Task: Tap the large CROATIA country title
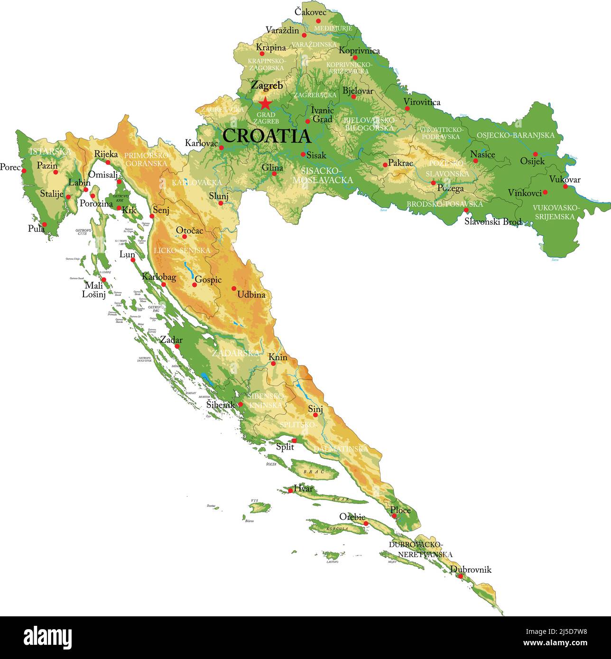click(x=266, y=136)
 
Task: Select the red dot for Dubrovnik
click(x=460, y=576)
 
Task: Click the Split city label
click(x=285, y=447)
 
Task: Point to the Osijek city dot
click(x=535, y=154)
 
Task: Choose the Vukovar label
click(x=565, y=180)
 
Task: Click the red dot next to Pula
click(x=45, y=224)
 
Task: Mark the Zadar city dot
click(x=177, y=346)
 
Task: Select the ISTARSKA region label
click(x=50, y=152)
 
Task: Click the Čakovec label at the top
click(x=311, y=11)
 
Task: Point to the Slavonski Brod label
click(x=493, y=221)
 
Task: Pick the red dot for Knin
click(x=273, y=364)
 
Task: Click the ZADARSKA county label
click(x=236, y=353)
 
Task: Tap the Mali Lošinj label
click(x=94, y=290)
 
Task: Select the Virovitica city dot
click(x=407, y=109)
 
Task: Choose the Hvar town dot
click(x=290, y=490)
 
